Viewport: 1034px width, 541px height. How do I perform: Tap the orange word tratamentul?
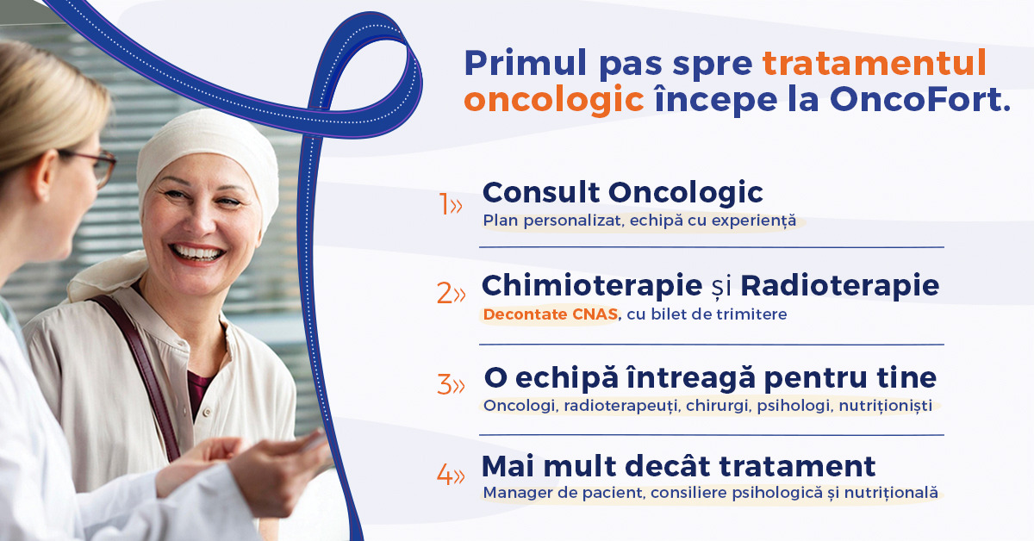875,63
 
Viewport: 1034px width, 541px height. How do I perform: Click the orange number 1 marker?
450,204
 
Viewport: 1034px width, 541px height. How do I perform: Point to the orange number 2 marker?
451,294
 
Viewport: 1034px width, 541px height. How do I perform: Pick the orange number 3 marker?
451,384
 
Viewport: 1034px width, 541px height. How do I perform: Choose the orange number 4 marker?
451,475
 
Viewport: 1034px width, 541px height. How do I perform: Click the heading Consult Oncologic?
623,194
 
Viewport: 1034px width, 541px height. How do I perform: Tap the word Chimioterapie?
592,286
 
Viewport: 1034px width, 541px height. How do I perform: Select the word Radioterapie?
840,285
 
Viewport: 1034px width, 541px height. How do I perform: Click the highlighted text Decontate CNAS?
551,314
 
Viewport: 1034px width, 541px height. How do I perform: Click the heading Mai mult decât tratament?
679,466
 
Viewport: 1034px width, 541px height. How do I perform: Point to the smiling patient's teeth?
197,253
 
